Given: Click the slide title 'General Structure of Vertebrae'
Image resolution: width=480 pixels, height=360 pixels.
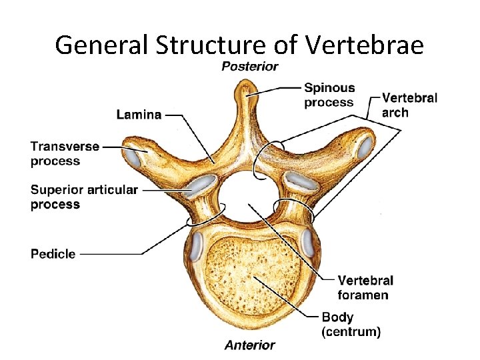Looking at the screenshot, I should point(239,45).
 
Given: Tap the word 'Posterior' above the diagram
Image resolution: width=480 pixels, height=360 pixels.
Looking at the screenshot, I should point(249,67).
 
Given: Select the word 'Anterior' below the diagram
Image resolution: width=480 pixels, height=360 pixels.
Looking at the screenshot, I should point(249,345).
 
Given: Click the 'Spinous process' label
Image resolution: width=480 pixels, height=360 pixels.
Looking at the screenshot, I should point(329,95).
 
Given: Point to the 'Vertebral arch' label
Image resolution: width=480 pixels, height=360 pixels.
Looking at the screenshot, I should point(409,105).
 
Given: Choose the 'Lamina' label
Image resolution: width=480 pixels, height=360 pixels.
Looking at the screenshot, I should point(139,115).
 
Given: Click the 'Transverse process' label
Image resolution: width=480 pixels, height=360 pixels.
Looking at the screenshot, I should point(65,153).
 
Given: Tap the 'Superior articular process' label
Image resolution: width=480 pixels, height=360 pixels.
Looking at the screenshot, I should point(84,197).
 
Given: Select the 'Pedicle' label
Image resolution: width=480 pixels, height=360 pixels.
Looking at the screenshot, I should point(53,254).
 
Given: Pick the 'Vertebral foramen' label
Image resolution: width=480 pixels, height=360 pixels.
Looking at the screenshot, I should point(365,287).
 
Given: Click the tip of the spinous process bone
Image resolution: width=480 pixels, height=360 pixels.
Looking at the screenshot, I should point(247,87).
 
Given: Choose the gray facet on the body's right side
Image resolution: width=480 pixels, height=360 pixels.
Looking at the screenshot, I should point(308,243).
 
